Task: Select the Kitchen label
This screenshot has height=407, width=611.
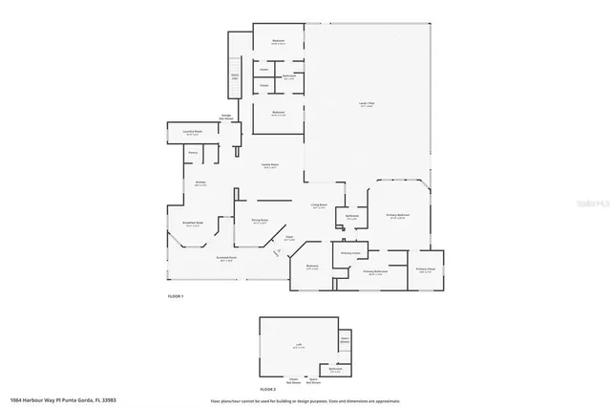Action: [200, 183]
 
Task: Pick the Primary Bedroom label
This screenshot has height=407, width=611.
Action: [397, 216]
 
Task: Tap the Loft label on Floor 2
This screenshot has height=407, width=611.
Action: [298, 347]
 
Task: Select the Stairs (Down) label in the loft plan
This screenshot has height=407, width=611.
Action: [346, 338]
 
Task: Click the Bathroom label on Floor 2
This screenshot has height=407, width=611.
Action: [336, 368]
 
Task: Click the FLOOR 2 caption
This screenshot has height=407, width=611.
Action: [269, 390]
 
